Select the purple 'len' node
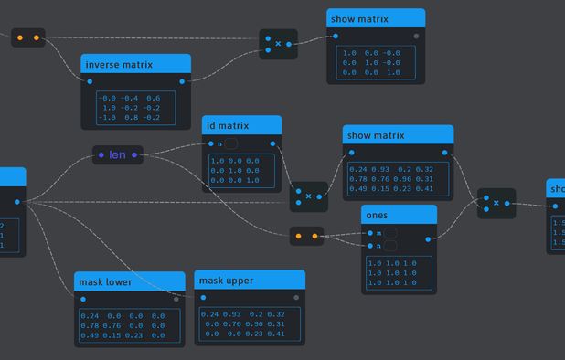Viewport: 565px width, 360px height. pyautogui.click(x=118, y=155)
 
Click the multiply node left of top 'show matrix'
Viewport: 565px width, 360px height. pyautogui.click(x=278, y=43)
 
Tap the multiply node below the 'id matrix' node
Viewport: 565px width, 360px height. pyautogui.click(x=308, y=196)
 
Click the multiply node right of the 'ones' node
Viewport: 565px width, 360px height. pyautogui.click(x=496, y=203)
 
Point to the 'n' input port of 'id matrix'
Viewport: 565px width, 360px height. pyautogui.click(x=210, y=144)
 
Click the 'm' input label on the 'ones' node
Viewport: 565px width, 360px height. pyautogui.click(x=378, y=233)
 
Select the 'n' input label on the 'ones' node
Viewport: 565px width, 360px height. pyautogui.click(x=378, y=246)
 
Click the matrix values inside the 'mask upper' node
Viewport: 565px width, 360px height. pyautogui.click(x=250, y=324)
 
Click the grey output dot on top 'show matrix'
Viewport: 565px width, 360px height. pyautogui.click(x=416, y=37)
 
